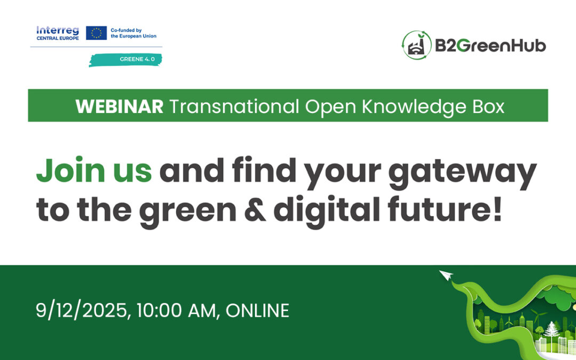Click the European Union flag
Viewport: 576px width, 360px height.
(96, 33)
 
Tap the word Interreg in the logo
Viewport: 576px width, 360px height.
(57, 30)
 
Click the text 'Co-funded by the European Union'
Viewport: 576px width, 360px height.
(133, 33)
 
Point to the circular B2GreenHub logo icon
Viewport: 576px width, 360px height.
(417, 45)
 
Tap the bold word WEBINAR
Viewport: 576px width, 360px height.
(119, 107)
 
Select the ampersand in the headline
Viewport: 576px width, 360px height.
(254, 210)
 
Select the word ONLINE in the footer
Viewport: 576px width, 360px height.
(257, 310)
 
